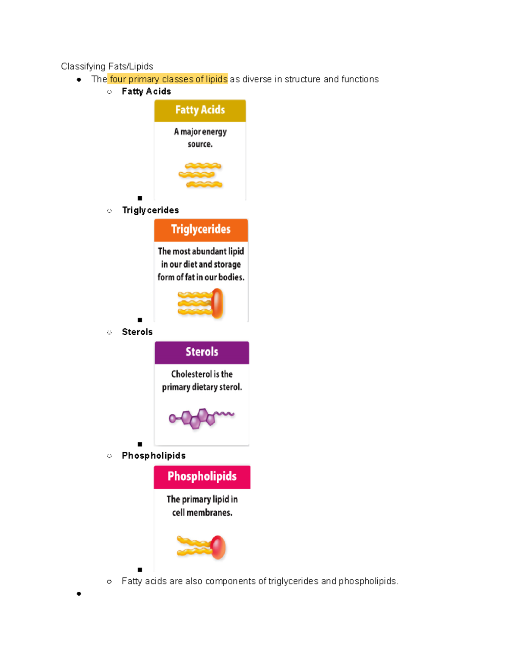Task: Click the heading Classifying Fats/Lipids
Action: click(107, 66)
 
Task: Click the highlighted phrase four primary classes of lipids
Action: click(168, 79)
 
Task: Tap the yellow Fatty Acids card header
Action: click(200, 110)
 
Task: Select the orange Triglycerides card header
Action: click(201, 230)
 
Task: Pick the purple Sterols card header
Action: click(202, 352)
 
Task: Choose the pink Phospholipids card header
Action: click(202, 477)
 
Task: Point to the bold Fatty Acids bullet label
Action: click(146, 91)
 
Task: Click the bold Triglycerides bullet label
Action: click(150, 210)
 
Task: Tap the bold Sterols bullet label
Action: click(137, 332)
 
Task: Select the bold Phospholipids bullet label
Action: click(154, 456)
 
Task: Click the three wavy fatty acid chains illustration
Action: click(200, 175)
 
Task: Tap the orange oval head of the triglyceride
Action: click(217, 303)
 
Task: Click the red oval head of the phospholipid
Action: click(218, 547)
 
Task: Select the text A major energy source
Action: click(200, 138)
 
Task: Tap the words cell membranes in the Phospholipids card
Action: click(202, 513)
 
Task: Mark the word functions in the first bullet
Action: click(360, 79)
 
